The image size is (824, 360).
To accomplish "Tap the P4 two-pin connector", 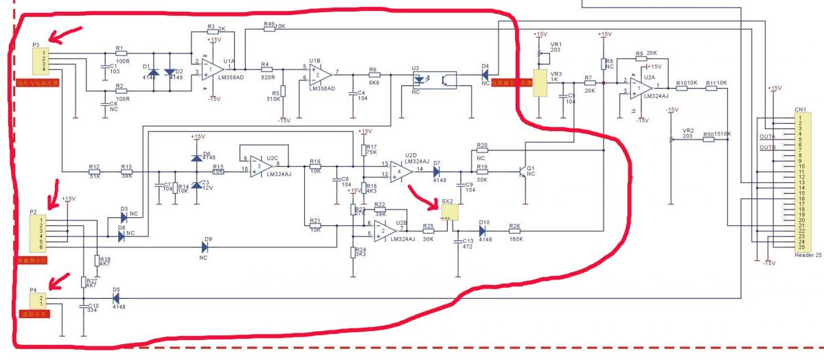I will click(x=38, y=300).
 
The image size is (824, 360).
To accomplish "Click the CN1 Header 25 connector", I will click(x=801, y=181).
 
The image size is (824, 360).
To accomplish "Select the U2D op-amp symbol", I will click(x=402, y=171).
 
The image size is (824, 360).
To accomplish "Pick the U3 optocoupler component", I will click(x=431, y=78).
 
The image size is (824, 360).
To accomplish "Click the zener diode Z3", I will click(x=197, y=184).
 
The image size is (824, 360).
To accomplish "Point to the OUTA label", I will click(x=767, y=136).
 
